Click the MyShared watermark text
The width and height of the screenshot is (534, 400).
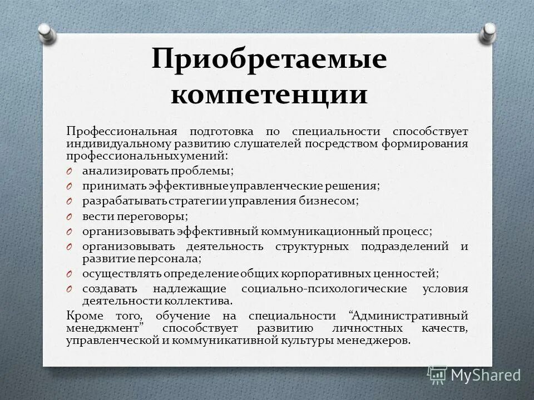(485, 375)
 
